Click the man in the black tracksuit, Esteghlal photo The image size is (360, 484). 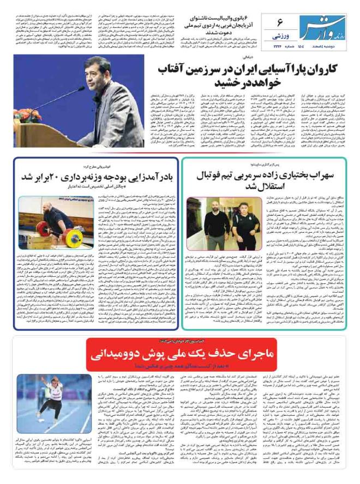click(238, 218)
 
